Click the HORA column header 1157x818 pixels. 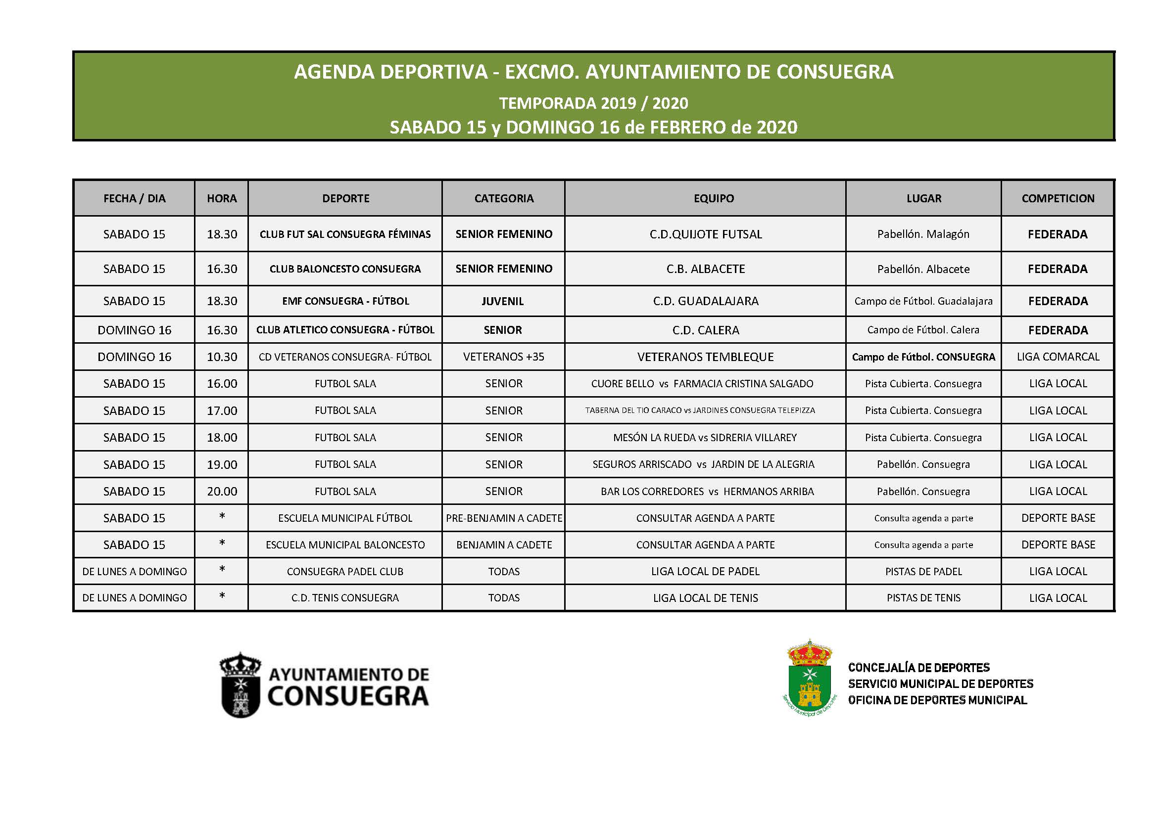point(222,198)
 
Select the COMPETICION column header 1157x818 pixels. point(1058,198)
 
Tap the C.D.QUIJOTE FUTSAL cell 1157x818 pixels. point(706,234)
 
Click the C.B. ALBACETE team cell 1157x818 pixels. point(706,269)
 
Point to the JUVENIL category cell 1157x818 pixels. point(503,301)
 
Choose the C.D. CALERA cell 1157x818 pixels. point(706,330)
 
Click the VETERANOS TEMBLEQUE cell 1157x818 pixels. point(706,357)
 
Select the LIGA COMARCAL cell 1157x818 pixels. point(1058,357)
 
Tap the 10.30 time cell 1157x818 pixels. point(222,357)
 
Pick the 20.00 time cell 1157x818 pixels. point(222,491)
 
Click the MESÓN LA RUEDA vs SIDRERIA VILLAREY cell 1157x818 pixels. point(705,438)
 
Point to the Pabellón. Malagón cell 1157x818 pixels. point(923,234)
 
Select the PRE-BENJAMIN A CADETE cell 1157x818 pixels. point(503,518)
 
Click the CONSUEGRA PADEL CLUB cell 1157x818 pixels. point(345,572)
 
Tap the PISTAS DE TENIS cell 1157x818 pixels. point(923,598)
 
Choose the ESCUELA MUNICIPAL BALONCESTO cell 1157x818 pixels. point(345,545)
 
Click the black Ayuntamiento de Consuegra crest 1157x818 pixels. point(241,685)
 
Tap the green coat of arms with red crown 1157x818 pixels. point(809,678)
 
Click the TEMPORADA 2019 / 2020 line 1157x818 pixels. point(594,103)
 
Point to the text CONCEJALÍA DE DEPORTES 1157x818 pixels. point(918,668)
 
